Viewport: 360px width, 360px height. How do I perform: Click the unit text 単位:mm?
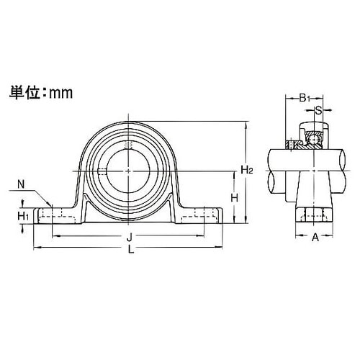coord(41,93)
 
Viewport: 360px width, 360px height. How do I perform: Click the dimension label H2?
coord(246,170)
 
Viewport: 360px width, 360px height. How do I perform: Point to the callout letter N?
coord(21,185)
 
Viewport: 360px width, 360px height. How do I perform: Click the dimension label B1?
coord(305,98)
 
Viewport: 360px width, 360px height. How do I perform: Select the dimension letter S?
coord(318,111)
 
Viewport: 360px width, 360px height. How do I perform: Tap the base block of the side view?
coord(314,214)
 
